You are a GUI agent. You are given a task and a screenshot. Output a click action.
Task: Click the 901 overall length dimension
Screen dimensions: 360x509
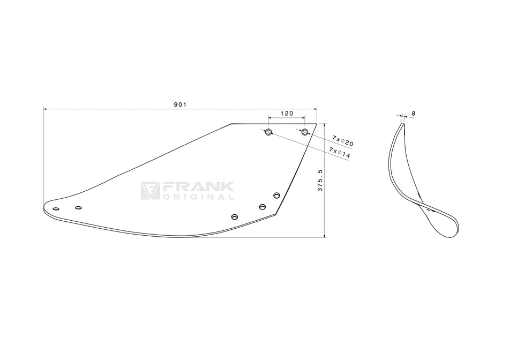coord(179,105)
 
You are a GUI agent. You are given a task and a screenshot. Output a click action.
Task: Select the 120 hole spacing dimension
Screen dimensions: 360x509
coord(287,114)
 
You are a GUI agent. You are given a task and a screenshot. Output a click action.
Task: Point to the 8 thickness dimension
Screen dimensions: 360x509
coord(414,114)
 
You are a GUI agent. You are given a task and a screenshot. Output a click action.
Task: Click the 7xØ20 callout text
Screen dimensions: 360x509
coord(343,141)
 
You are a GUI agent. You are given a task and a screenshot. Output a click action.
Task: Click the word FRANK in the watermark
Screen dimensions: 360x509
coord(198,187)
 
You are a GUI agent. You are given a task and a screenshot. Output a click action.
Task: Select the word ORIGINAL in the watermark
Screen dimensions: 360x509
coord(198,197)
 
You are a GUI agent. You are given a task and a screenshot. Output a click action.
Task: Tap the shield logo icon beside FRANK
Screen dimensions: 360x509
coord(150,191)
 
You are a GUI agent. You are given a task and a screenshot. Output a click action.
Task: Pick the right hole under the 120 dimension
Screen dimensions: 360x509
coord(305,132)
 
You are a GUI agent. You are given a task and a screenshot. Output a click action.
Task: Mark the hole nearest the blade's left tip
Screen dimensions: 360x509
coord(56,208)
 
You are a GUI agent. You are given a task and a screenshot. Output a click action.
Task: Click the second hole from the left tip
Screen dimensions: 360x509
coord(78,207)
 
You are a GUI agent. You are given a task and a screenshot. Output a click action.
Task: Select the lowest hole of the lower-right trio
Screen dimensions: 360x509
coord(234,217)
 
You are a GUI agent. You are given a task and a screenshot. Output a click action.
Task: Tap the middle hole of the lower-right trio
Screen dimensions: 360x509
coord(263,207)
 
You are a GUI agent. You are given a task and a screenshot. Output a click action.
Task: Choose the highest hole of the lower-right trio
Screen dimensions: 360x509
coord(276,195)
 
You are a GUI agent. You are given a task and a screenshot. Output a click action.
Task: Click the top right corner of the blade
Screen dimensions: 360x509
coord(316,124)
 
